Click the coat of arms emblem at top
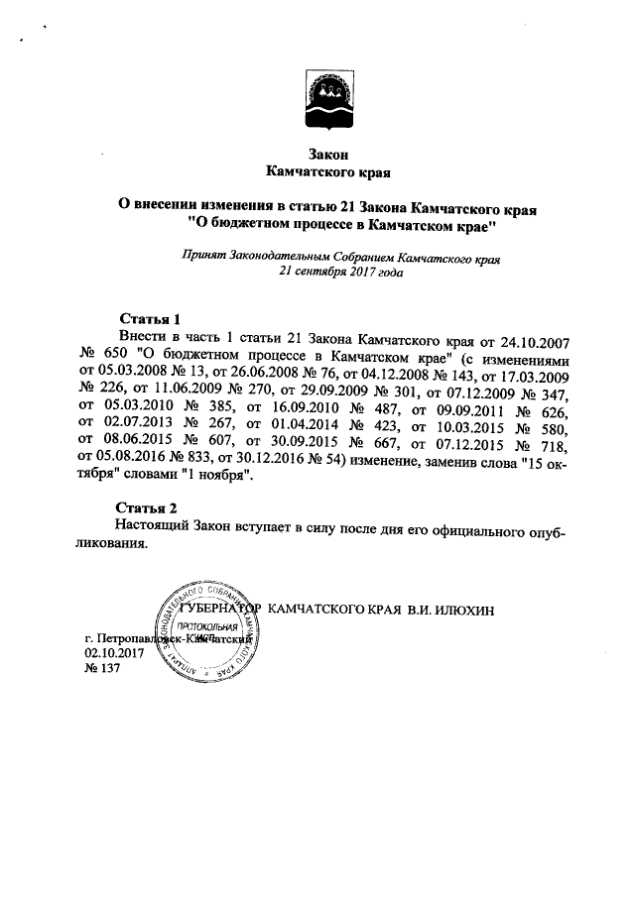(x=317, y=98)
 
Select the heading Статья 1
(x=149, y=320)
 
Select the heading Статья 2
(x=149, y=506)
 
